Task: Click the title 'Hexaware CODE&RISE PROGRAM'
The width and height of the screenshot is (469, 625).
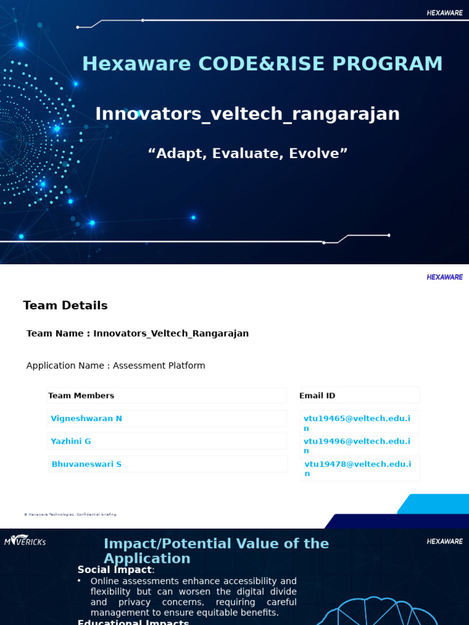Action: tap(262, 64)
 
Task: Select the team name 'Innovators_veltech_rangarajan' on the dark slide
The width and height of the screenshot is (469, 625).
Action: tap(247, 114)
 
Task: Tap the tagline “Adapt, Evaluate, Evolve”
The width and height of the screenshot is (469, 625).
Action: tap(247, 153)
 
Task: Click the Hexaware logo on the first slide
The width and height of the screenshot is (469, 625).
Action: tap(444, 13)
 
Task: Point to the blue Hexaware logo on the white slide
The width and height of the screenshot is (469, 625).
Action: tap(444, 277)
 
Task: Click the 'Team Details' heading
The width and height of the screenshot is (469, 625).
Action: tap(65, 306)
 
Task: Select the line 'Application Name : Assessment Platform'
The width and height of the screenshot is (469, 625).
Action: tap(115, 366)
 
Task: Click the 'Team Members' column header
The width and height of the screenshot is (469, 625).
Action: tap(81, 396)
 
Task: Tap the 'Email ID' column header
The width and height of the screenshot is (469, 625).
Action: tap(317, 396)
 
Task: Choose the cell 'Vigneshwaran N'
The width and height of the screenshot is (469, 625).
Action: tap(86, 419)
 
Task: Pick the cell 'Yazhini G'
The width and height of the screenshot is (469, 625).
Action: tap(71, 441)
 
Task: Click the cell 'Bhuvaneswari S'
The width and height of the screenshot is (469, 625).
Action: tap(86, 464)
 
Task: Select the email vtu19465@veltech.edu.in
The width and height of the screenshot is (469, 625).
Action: tap(357, 423)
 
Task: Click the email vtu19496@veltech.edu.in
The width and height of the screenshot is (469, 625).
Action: tap(357, 446)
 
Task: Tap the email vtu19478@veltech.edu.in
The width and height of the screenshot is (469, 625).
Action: tap(357, 469)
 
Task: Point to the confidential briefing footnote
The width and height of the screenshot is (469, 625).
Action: tap(70, 515)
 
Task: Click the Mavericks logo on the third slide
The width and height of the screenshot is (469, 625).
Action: tap(25, 541)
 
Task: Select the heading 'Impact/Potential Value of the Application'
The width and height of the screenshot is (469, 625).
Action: tap(216, 551)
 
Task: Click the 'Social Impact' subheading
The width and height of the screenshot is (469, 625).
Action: tap(114, 569)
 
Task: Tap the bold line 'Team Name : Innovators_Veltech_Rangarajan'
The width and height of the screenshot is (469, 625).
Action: tap(137, 333)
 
